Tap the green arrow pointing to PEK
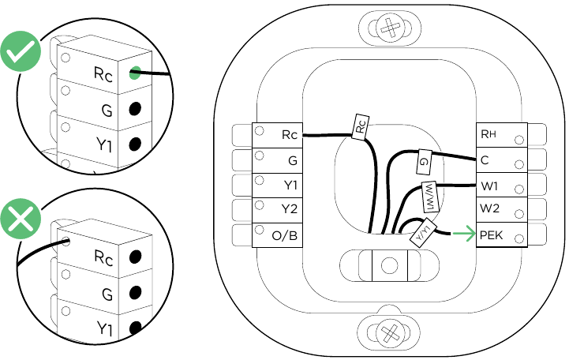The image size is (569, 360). [463, 234]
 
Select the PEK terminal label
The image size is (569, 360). [492, 235]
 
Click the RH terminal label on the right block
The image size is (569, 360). [489, 135]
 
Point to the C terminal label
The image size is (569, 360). [485, 160]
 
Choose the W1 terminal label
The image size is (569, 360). [489, 186]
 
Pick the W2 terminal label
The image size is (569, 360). [490, 210]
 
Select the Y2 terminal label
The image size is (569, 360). [289, 210]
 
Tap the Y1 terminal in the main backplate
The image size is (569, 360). [290, 186]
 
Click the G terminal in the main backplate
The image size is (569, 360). [292, 160]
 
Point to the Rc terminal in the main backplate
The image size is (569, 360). [289, 135]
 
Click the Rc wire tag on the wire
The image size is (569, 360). [359, 126]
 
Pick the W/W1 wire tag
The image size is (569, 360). [429, 194]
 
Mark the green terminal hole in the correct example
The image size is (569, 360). [136, 73]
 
